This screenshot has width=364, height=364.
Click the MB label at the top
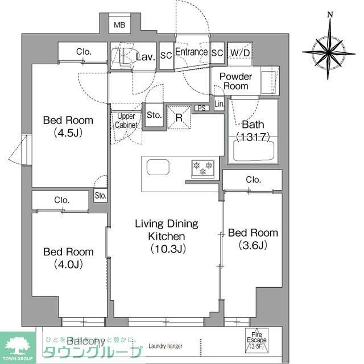(119, 25)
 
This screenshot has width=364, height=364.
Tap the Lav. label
(147, 56)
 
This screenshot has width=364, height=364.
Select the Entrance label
(191, 52)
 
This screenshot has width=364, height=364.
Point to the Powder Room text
(235, 81)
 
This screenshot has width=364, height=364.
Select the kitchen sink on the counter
(158, 167)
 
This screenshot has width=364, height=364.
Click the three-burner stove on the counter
(202, 167)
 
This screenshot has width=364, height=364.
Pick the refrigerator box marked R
(179, 117)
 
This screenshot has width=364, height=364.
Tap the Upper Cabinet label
(125, 120)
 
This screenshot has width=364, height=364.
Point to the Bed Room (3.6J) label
(253, 239)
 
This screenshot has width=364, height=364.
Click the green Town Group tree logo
(17, 345)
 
